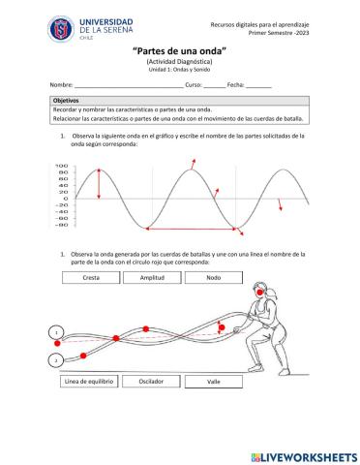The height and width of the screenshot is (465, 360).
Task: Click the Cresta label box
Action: click(92, 278)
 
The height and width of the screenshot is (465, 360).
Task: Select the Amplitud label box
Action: click(152, 278)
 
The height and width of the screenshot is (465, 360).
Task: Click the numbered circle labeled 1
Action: click(56, 332)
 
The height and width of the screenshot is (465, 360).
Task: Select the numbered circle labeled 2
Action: click(56, 360)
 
